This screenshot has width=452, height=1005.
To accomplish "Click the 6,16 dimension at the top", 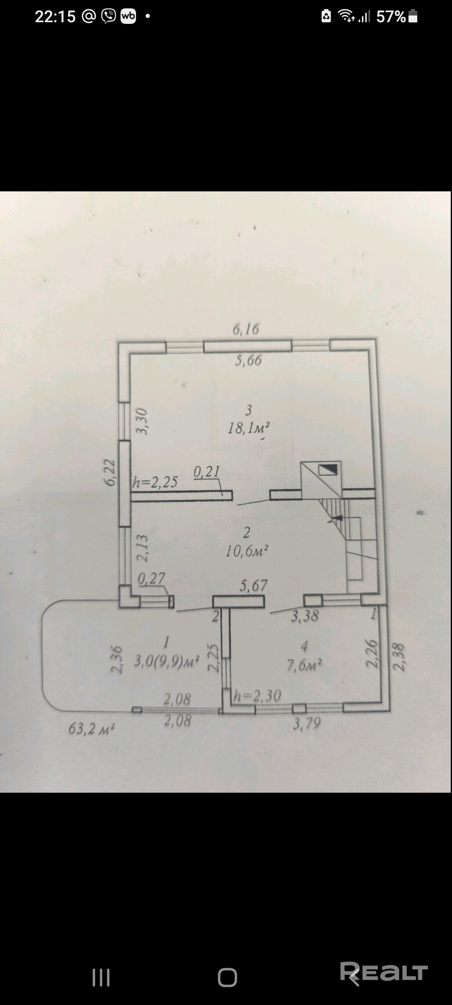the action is [x=246, y=330].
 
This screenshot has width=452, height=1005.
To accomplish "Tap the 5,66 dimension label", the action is [x=248, y=361].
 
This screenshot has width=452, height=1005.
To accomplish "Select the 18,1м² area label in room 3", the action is [x=248, y=428].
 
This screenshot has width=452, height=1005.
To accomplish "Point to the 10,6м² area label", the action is [x=247, y=551].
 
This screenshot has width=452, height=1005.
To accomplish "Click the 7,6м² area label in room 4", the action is [x=304, y=665].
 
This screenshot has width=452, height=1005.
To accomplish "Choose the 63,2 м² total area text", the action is [x=92, y=729].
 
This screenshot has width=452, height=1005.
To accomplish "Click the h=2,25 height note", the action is [x=155, y=482].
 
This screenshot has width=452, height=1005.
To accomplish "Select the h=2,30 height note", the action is [x=257, y=696].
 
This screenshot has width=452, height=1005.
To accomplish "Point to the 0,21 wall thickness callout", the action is [x=207, y=472].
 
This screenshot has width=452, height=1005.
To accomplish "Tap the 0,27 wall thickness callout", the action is [x=152, y=578].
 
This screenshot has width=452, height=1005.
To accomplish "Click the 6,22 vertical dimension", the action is [x=110, y=472].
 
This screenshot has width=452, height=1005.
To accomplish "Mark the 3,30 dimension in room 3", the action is [x=143, y=422].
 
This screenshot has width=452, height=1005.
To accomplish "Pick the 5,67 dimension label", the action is [x=253, y=585].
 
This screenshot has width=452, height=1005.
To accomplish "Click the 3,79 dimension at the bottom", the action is [x=307, y=723].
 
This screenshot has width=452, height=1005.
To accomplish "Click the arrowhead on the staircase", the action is [x=336, y=518].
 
